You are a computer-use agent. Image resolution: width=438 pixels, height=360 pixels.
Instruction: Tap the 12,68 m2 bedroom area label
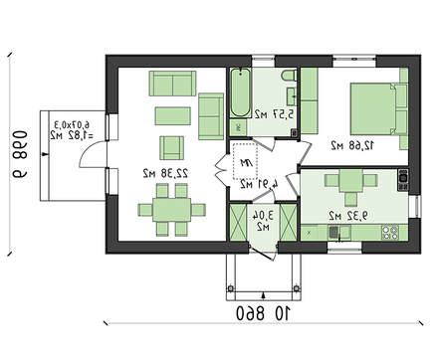point(354,145)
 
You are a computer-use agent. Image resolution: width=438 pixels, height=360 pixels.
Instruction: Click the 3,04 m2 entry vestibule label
point(263,219)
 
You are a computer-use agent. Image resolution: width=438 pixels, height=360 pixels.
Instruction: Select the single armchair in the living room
point(172,146)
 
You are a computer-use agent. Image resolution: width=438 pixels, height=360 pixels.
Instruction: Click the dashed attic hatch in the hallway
point(245,165)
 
